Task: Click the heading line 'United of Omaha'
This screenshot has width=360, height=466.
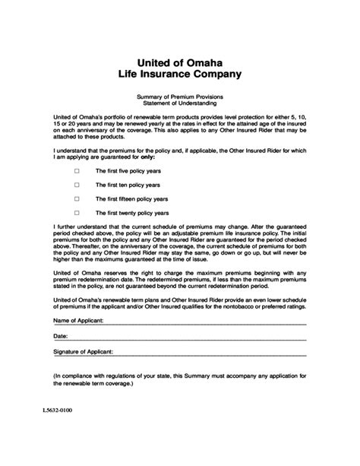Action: tap(179, 61)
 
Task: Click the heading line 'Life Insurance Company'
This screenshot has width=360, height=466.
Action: tap(179, 74)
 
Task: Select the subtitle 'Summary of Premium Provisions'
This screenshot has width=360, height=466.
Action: tap(179, 97)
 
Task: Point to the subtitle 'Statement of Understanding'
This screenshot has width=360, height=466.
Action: tap(179, 103)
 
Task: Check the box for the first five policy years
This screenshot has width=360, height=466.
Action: tap(77, 171)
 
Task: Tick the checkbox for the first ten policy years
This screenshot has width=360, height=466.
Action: tap(77, 185)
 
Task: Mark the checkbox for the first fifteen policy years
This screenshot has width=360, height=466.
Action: tap(77, 199)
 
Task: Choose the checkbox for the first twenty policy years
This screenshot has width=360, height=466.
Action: tap(77, 213)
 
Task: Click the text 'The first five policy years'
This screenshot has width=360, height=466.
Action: tap(127, 171)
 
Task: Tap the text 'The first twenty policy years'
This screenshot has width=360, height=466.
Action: tap(131, 213)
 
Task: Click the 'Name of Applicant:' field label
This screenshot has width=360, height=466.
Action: tap(78, 322)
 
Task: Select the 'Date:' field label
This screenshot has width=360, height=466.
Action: tap(61, 336)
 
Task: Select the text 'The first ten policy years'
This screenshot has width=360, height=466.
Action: tap(127, 185)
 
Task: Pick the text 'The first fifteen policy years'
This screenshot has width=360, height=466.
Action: tap(131, 199)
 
